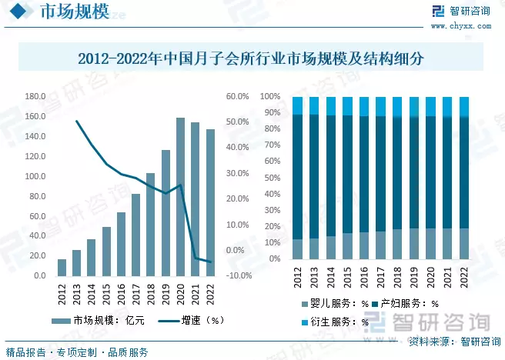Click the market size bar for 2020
pyautogui.click(x=180, y=197)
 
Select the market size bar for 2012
pyautogui.click(x=62, y=267)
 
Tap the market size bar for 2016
pyautogui.click(x=121, y=244)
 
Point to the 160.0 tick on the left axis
pyautogui.click(x=35, y=117)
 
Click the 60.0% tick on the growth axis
pyautogui.click(x=236, y=97)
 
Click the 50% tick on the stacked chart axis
pyautogui.click(x=272, y=178)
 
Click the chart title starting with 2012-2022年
pyautogui.click(x=252, y=58)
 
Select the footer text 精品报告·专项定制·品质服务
pyautogui.click(x=77, y=352)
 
